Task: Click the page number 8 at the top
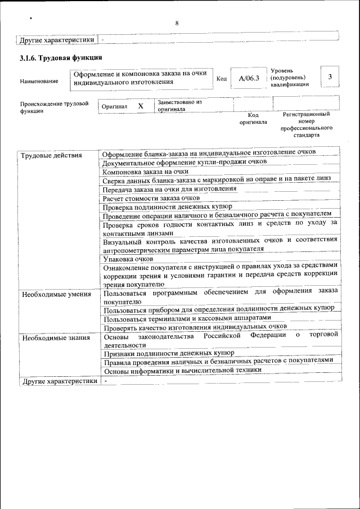[x=177, y=23]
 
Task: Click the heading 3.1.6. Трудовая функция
[x=60, y=57]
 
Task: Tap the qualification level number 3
[x=330, y=77]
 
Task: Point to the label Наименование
[x=39, y=81]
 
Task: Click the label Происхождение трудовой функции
[x=54, y=107]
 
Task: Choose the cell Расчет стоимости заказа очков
[x=151, y=198]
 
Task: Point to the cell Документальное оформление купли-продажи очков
[x=185, y=161]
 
